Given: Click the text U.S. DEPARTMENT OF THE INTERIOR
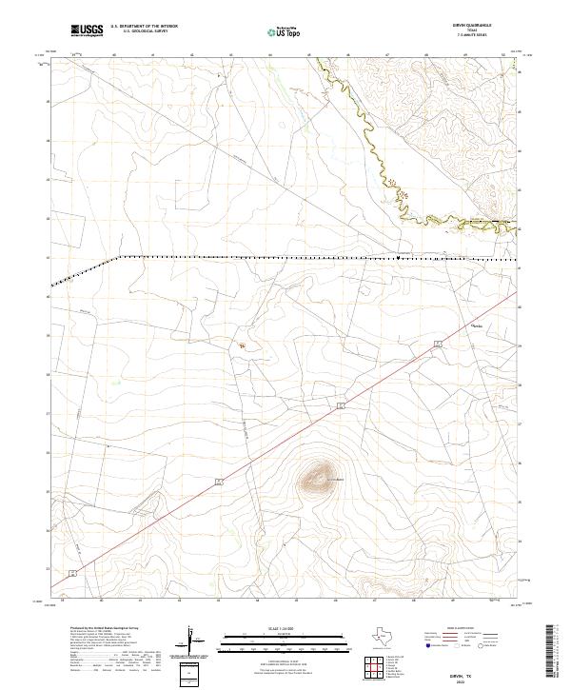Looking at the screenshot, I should click(x=144, y=26).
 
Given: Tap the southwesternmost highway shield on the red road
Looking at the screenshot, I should click(x=72, y=574).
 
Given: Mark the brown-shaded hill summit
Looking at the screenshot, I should click(x=322, y=471).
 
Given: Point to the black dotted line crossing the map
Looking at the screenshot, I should click(x=285, y=257).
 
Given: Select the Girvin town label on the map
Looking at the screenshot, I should click(x=478, y=325).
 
